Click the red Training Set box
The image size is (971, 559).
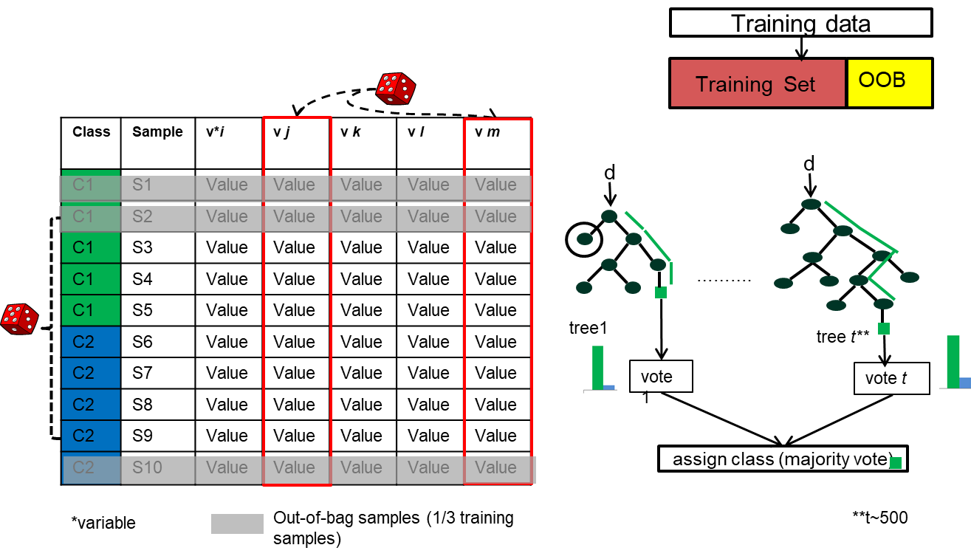point(757,83)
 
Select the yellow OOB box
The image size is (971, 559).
point(889,83)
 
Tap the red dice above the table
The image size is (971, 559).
point(395,89)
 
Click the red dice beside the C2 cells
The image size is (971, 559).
point(19,319)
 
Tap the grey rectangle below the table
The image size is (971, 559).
point(237,524)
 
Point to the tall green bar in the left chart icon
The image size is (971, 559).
point(597,366)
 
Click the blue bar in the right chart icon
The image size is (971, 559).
point(964,383)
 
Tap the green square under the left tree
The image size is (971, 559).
point(661,292)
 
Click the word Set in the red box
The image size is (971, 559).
point(800,84)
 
